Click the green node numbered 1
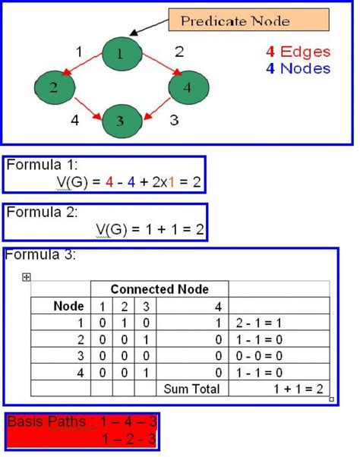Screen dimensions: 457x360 click(x=120, y=53)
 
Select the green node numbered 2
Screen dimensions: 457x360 click(x=53, y=86)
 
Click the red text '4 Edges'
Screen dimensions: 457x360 click(x=298, y=52)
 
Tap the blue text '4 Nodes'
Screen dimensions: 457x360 click(x=298, y=68)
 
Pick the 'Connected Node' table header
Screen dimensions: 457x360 click(x=159, y=288)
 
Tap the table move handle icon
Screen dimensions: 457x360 click(x=27, y=277)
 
